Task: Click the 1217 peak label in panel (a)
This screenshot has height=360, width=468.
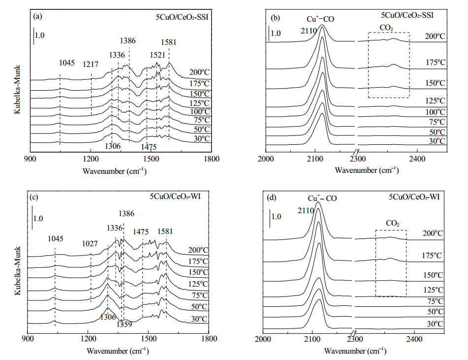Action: pos(91,64)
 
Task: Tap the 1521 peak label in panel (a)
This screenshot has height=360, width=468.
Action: pos(157,55)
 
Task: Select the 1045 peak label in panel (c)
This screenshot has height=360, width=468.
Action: pos(56,239)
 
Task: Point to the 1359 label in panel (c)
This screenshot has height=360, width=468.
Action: pos(124,324)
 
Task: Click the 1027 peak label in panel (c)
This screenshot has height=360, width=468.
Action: pos(90,244)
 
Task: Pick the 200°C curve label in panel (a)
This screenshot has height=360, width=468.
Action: pos(199,72)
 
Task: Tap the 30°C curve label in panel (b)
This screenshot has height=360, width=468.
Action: pos(437,141)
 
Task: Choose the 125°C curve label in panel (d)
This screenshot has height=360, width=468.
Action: pos(433,290)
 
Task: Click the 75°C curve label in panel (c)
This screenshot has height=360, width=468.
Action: pos(200,295)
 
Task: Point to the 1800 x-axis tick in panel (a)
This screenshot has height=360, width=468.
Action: pos(212,159)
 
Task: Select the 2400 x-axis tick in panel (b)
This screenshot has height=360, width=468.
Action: pos(417,159)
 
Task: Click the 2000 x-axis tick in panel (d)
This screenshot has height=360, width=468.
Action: pos(263,339)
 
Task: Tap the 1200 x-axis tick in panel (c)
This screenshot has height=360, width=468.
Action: pos(88,339)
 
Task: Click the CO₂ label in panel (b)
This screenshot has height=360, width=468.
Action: pos(386,28)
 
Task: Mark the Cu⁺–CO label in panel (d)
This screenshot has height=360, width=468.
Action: pos(322,198)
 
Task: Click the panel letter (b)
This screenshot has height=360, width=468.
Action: pos(275,18)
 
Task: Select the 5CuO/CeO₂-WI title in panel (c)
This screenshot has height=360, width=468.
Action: pos(175,196)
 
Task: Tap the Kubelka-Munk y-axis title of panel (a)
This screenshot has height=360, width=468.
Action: pos(17,90)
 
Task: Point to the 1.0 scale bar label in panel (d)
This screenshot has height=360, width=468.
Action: pos(277,217)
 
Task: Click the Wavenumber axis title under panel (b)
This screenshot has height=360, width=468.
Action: pos(367,170)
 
